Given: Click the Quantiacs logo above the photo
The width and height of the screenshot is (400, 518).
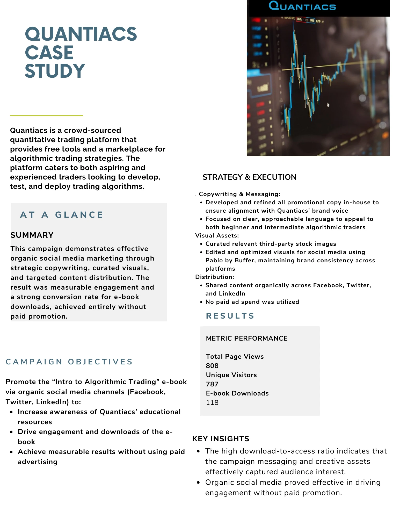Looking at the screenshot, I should tap(302, 6).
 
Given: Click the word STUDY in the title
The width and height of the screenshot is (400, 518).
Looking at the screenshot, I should tap(55, 71).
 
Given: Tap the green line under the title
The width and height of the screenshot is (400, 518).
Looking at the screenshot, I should tap(46, 116).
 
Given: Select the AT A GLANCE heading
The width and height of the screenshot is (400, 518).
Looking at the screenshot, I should tap(62, 215).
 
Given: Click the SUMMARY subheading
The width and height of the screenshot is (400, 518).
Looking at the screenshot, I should tap(32, 235).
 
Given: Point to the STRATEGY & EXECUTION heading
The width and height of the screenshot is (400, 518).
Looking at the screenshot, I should tap(249, 177).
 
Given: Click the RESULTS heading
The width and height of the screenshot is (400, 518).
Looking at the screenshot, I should tap(230, 316).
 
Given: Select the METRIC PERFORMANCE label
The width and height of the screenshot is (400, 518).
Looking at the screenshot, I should tap(246, 339).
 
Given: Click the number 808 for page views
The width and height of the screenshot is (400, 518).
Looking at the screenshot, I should tap(212, 366).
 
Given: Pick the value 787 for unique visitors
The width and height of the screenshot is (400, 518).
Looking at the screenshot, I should tap(212, 384).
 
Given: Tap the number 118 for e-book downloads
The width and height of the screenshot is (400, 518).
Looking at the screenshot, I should tap(212, 402).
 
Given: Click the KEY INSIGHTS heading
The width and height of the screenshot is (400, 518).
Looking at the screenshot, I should tap(221, 439).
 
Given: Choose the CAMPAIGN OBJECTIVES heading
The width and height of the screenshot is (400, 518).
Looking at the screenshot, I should tap(69, 362).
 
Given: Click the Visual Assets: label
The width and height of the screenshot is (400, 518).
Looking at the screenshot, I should tap(217, 235).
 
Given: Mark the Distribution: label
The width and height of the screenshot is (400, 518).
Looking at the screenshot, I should tap(215, 277).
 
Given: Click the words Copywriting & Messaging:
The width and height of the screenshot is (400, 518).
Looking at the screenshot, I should tap(239, 194).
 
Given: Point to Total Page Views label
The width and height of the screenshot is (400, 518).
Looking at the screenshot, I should tap(235, 357).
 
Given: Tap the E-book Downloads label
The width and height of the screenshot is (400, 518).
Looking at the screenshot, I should tap(237, 393).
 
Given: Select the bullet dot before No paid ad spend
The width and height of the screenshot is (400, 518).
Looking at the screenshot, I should tap(201, 302).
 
